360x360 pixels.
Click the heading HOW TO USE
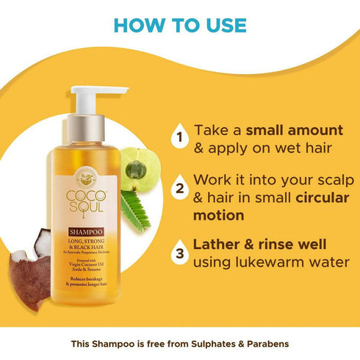(x=180, y=24)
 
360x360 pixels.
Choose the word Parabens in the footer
(x=268, y=344)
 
